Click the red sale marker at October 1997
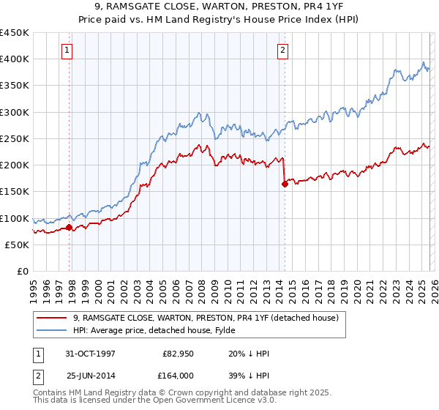[70, 227]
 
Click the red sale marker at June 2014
[285, 184]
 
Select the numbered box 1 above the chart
[67, 51]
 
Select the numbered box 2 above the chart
[282, 51]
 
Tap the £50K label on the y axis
[18, 245]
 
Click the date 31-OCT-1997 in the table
[91, 353]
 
